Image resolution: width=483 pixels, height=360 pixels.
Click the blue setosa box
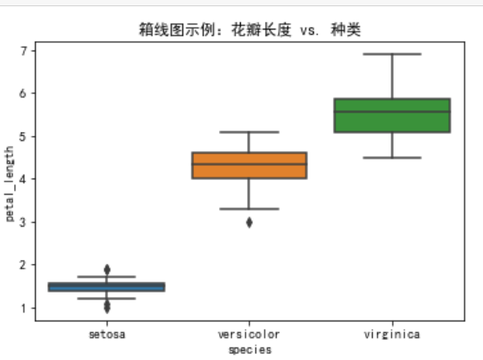pyautogui.click(x=106, y=287)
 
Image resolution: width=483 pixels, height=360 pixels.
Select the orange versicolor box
pyautogui.click(x=249, y=165)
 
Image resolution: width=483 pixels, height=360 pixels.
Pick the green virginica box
pyautogui.click(x=392, y=116)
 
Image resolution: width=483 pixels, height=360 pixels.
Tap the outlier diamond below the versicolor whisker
pyautogui.click(x=249, y=222)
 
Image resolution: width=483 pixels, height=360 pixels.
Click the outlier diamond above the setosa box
pyautogui.click(x=106, y=269)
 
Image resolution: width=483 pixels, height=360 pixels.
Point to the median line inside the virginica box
pyautogui.click(x=392, y=111)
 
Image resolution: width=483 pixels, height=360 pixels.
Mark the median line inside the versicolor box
pyautogui.click(x=249, y=164)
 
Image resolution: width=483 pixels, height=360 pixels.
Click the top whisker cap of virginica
pyautogui.click(x=392, y=54)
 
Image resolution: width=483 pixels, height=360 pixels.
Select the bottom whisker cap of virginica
pyautogui.click(x=392, y=157)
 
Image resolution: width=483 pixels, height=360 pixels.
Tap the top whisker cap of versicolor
pyautogui.click(x=249, y=132)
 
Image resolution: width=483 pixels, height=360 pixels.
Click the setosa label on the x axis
pyautogui.click(x=106, y=334)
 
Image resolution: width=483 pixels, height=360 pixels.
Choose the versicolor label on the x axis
pyautogui.click(x=249, y=334)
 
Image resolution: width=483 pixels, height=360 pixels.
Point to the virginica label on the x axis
pyautogui.click(x=392, y=334)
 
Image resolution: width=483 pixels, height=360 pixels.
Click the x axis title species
pyautogui.click(x=249, y=349)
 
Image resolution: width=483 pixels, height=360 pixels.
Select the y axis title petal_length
pyautogui.click(x=9, y=183)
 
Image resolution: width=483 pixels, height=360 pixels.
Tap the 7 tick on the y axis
pyautogui.click(x=24, y=51)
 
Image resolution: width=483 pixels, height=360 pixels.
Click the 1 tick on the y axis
pyautogui.click(x=24, y=308)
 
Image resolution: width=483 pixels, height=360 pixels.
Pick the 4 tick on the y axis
pyautogui.click(x=24, y=179)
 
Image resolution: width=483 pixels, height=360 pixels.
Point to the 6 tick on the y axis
pyautogui.click(x=24, y=94)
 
